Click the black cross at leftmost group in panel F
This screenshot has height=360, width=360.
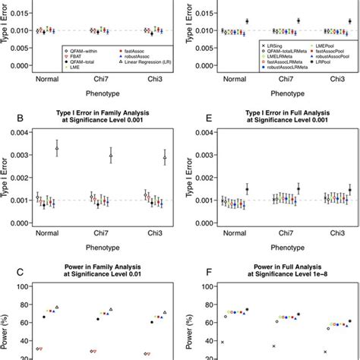(x=222, y=343)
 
